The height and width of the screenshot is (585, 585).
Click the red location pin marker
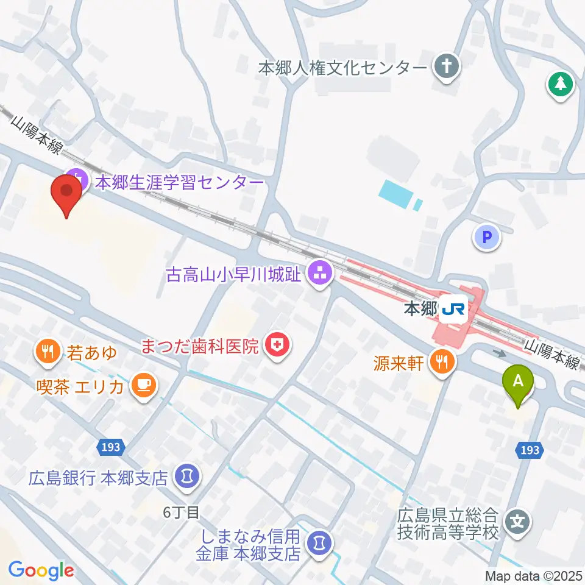click(x=66, y=194)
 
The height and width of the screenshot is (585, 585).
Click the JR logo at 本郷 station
click(x=453, y=311)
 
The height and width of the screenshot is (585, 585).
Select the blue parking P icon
click(x=487, y=238)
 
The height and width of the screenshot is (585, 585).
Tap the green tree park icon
click(x=561, y=84)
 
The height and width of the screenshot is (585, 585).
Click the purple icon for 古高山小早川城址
click(x=320, y=275)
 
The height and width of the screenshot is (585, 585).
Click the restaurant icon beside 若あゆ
click(x=48, y=352)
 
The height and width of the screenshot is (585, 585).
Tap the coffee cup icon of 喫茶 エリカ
click(x=144, y=385)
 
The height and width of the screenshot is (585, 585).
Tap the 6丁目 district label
click(x=181, y=512)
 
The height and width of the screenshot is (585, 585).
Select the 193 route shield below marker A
click(x=530, y=450)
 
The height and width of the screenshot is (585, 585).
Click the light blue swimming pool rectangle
click(x=397, y=194)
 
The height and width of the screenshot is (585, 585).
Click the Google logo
click(x=41, y=570)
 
